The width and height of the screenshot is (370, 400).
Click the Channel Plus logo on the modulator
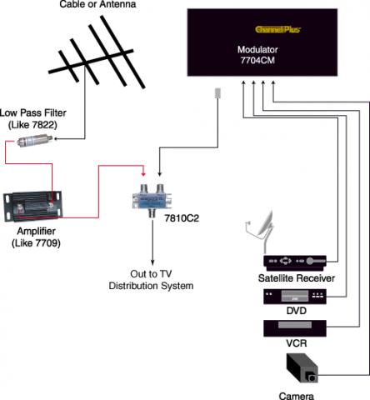(x=277, y=29)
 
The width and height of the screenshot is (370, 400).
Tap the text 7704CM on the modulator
(x=257, y=60)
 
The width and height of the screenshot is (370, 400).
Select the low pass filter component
(x=34, y=141)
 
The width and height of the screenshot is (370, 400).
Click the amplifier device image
(x=32, y=206)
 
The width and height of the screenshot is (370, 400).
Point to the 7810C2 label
(x=182, y=218)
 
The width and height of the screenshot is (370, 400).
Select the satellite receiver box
(x=295, y=262)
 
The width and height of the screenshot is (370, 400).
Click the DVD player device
(x=295, y=297)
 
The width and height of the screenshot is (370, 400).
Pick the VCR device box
(x=295, y=328)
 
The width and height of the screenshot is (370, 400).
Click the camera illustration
(x=302, y=368)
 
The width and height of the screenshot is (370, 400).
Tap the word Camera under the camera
(x=296, y=396)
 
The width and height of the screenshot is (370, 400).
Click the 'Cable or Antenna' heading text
(x=97, y=4)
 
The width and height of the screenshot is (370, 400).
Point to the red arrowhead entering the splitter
(x=143, y=173)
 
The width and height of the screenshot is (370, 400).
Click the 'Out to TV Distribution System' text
(x=151, y=280)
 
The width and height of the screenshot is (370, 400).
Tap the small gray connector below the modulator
(x=217, y=93)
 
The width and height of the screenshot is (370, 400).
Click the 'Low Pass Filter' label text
(x=33, y=112)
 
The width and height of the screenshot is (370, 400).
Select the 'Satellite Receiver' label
(x=297, y=278)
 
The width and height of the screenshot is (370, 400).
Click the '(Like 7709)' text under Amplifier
(x=36, y=243)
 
